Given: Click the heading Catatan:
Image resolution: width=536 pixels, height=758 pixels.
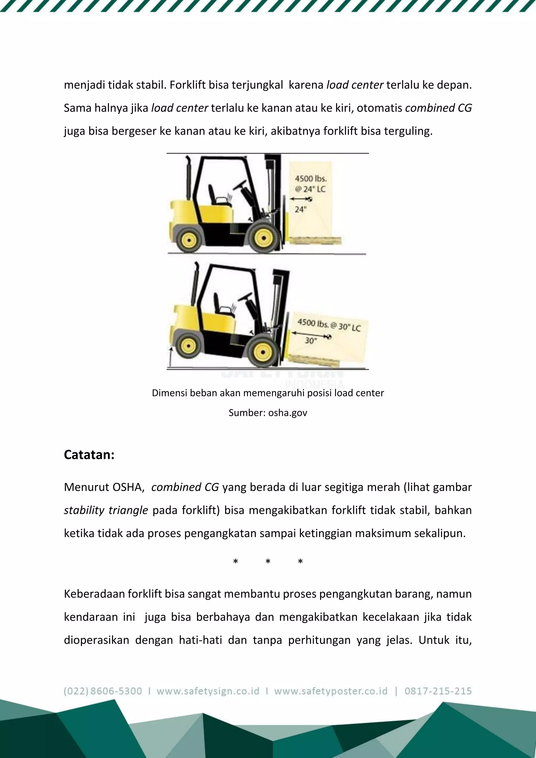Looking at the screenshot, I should coord(89,455).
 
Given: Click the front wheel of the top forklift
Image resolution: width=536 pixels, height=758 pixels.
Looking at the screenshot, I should coord(264,238).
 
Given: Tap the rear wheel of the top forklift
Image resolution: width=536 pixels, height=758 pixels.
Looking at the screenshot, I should coord(189,240).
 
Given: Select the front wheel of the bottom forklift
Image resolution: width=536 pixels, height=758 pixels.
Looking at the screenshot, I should coord(263,352).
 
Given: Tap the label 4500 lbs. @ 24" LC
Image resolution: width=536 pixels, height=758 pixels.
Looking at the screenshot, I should coord(310,184).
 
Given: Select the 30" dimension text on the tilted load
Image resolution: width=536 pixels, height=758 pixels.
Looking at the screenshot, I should coord(310,341).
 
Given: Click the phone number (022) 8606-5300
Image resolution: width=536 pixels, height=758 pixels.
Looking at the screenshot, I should coord(103,691).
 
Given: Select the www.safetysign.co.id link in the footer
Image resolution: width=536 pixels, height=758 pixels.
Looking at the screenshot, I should coord(208,691).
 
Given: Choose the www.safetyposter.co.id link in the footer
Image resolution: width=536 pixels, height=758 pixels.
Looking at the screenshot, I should coord(331,691).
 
